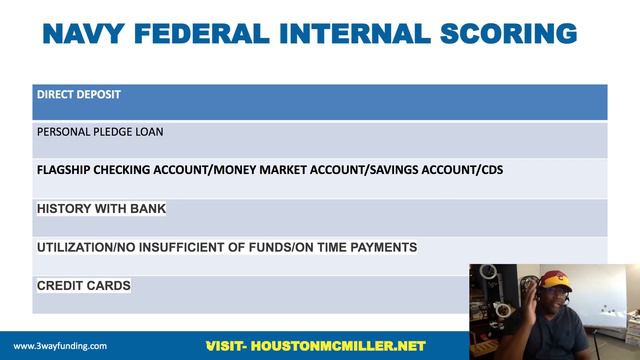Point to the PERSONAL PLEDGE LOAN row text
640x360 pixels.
(100, 131)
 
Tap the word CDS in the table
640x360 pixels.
(490, 170)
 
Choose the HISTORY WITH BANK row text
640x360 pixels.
(101, 209)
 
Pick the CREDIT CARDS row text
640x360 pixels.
(83, 286)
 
